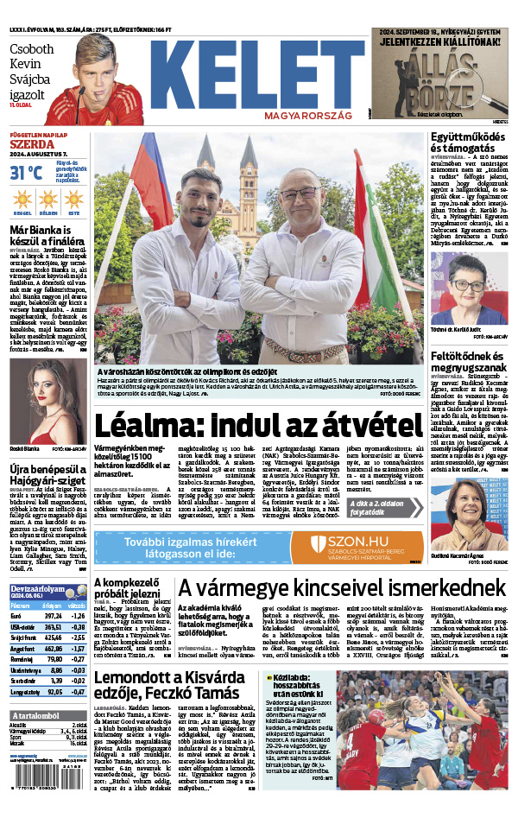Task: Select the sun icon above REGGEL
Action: point(22,200)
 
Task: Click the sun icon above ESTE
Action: point(75,200)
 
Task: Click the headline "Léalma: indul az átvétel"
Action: point(256,427)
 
